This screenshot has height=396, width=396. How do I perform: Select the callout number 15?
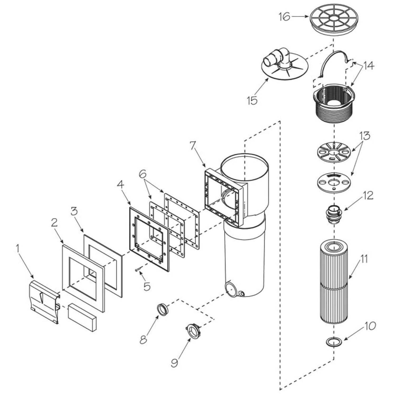pos(252,100)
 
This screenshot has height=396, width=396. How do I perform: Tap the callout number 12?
pos(368,196)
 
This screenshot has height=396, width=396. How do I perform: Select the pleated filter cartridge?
pos(334,282)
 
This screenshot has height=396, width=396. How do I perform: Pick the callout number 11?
pos(364,259)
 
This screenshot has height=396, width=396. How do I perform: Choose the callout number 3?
pos(75,211)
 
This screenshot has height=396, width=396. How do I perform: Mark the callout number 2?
pos(54,223)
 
